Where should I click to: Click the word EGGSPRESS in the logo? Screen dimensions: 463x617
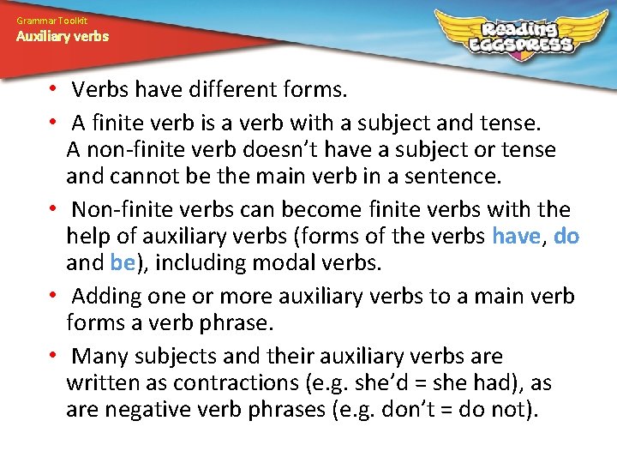click(x=521, y=44)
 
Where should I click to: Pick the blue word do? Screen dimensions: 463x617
click(x=566, y=237)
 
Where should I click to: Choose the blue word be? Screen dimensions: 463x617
click(x=123, y=263)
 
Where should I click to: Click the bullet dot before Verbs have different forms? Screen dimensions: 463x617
click(x=53, y=89)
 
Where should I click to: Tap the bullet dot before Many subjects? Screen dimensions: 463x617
click(x=53, y=355)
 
